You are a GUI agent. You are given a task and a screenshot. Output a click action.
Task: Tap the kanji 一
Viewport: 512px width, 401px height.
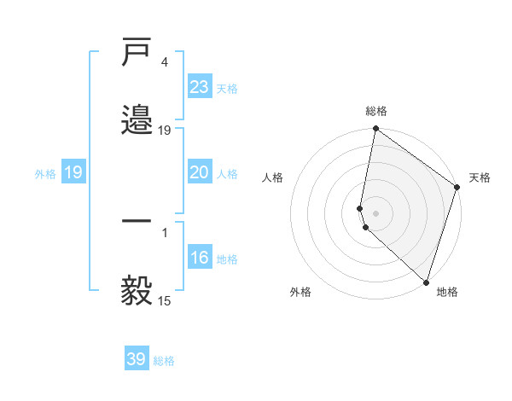pos(137,222)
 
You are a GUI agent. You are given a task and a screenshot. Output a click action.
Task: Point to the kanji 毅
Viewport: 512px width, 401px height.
pos(137,290)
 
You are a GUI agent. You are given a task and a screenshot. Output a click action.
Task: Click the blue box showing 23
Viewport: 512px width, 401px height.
pos(199,86)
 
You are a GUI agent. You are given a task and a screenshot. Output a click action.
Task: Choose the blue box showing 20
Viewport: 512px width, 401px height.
pos(199,172)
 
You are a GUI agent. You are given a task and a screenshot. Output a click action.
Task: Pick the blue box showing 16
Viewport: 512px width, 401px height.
pos(199,258)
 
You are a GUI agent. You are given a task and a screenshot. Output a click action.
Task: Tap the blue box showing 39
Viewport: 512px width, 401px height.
pos(137,359)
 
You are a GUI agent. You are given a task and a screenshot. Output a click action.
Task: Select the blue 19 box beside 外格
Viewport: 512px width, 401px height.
pos(73,172)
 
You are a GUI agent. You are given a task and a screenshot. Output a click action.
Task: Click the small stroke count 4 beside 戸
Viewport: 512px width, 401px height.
pos(164,62)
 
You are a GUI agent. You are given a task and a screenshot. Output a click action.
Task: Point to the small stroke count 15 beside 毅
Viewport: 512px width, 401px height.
pos(165,300)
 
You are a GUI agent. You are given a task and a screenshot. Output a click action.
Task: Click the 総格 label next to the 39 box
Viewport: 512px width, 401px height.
pos(164,361)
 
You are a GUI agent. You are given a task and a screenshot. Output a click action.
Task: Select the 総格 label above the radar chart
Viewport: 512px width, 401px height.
pos(376,111)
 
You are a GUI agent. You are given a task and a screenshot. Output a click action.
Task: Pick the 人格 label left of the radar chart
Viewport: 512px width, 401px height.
pos(273,177)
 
